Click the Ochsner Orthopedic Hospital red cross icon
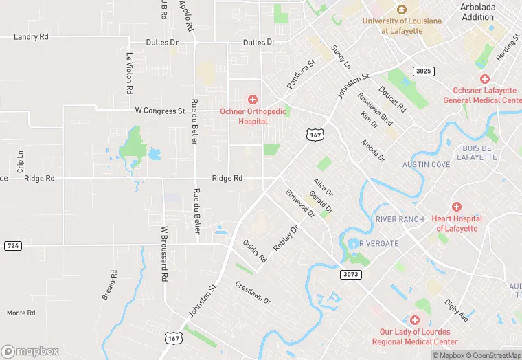pyautogui.click(x=253, y=100)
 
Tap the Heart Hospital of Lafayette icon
pyautogui.click(x=456, y=207)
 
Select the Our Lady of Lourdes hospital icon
pyautogui.click(x=414, y=321)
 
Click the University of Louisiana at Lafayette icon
pyautogui.click(x=402, y=10)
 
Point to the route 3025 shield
pyautogui.click(x=424, y=71)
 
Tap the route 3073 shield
pyautogui.click(x=350, y=274)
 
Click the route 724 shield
pyautogui.click(x=12, y=245)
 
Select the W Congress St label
pyautogui.click(x=160, y=110)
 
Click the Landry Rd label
pyautogui.click(x=31, y=36)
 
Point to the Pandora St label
pyautogui.click(x=301, y=73)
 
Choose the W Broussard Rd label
pyautogui.click(x=164, y=256)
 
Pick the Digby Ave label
pyautogui.click(x=456, y=310)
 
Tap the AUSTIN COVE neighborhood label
pyautogui.click(x=426, y=165)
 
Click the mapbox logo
pyautogui.click(x=31, y=350)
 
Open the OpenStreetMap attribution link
pyautogui.click(x=492, y=355)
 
